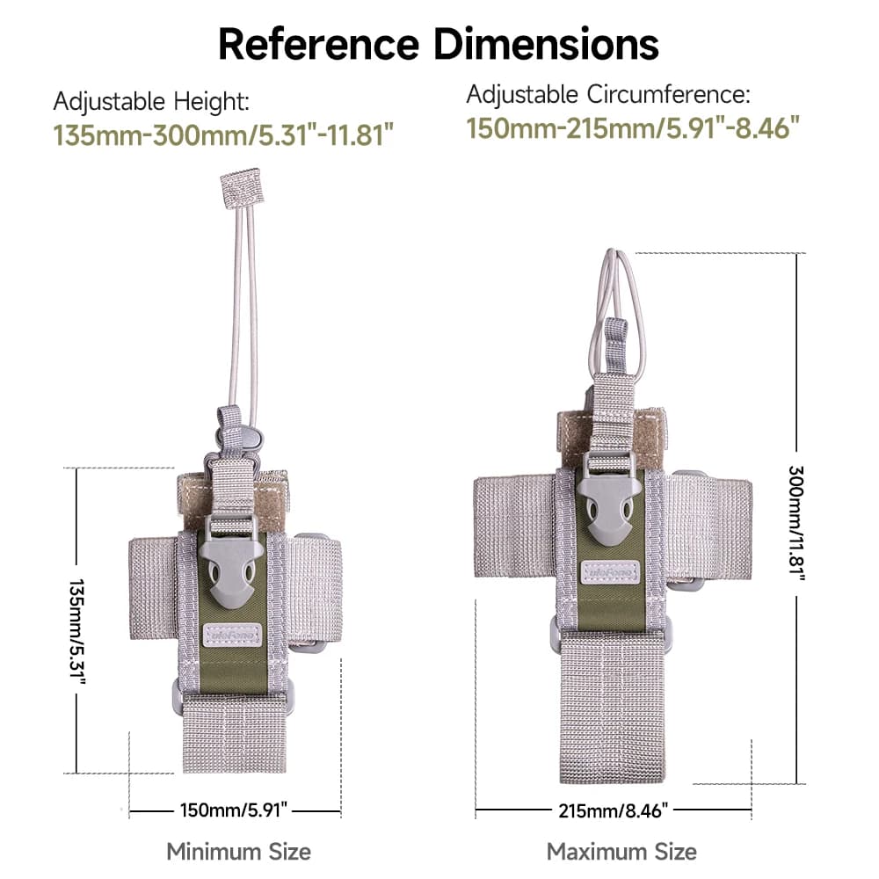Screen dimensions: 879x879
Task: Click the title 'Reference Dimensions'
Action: (439, 44)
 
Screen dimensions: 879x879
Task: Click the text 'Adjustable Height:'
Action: (151, 102)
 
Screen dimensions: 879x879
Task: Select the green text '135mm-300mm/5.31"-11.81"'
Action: (223, 135)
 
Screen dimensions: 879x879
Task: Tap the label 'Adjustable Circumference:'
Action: (608, 94)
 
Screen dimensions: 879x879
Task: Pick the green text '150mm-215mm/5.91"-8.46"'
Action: (633, 127)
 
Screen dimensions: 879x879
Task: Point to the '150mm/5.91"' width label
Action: (234, 810)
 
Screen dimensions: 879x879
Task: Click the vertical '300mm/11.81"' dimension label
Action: (796, 523)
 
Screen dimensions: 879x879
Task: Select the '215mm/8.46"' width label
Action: (614, 810)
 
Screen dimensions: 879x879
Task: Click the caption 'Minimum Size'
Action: (239, 852)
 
